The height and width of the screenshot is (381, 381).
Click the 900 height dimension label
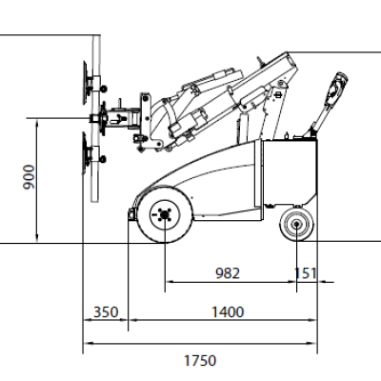(29, 177)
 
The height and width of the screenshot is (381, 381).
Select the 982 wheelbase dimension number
(228, 273)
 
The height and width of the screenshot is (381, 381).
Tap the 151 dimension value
(306, 273)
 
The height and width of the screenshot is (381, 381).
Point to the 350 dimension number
(106, 312)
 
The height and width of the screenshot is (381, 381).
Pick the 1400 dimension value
(228, 312)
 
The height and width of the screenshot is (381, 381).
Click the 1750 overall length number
(200, 360)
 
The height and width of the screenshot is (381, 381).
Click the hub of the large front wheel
(165, 215)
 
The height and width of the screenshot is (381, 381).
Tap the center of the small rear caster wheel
(296, 224)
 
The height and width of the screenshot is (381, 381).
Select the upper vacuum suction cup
(85, 83)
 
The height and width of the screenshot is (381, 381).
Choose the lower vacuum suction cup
(85, 153)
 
